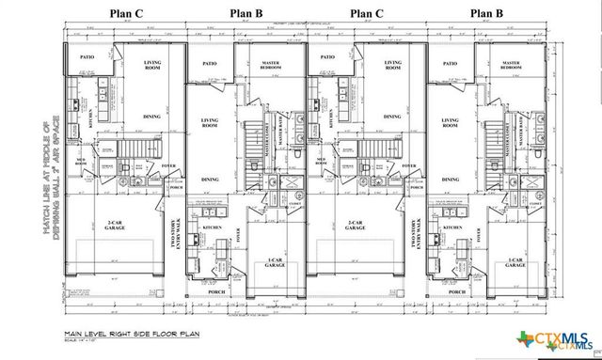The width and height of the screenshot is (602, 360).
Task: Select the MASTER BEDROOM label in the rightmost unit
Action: click(x=511, y=66)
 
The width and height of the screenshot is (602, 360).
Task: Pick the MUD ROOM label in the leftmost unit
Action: click(x=83, y=161)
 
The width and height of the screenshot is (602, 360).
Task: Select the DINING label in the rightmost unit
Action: click(x=451, y=179)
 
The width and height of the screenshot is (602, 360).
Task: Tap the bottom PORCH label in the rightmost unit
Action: click(x=457, y=292)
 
